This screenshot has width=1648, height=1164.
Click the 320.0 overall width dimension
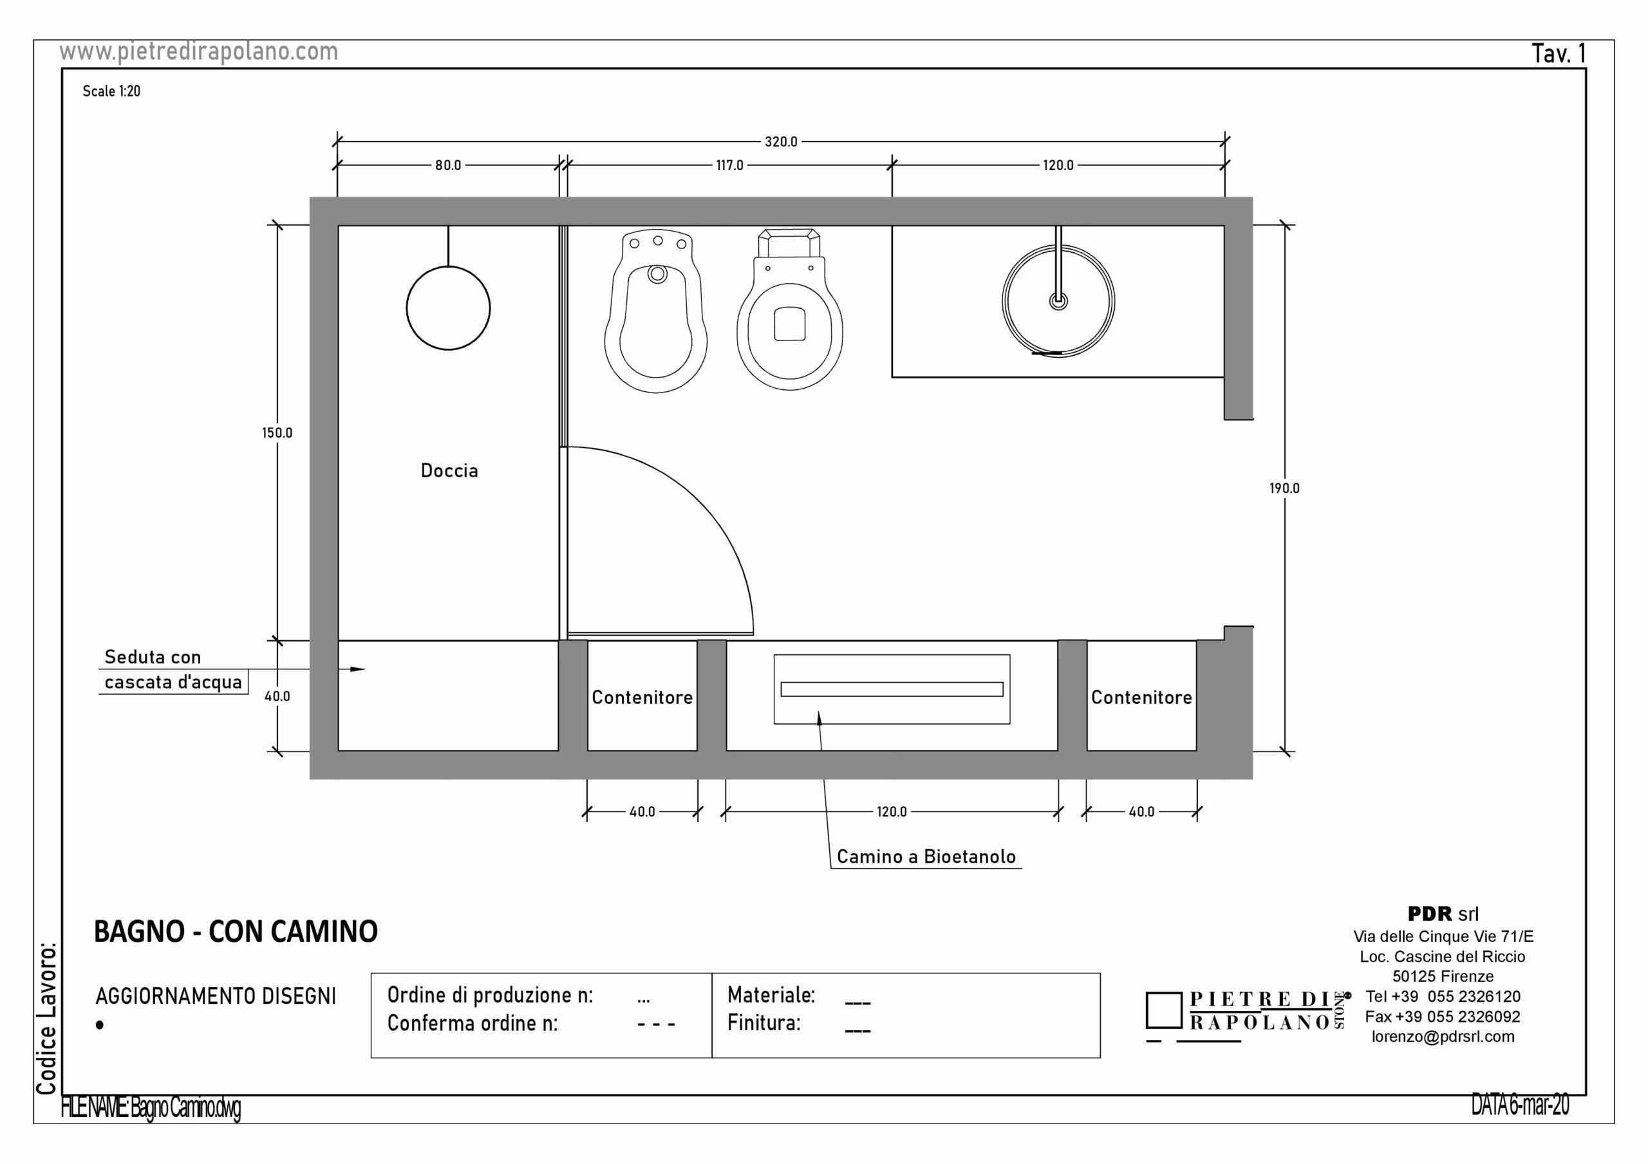point(780,142)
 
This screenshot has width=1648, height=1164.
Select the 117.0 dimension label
point(729,166)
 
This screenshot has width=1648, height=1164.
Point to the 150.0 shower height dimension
point(277,434)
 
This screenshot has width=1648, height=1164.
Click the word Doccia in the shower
point(449,471)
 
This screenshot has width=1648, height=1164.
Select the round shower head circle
point(448,309)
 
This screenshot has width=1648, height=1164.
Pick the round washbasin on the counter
point(1058,301)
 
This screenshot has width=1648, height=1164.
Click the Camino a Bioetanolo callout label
point(926,857)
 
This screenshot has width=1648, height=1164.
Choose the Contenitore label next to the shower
point(642,697)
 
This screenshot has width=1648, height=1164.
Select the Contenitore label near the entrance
point(1141,697)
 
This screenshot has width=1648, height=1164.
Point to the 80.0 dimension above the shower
point(448,166)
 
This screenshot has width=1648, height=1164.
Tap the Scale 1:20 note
point(111,91)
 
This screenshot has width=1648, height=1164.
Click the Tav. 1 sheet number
point(1559,54)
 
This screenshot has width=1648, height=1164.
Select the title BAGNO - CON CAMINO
point(236,932)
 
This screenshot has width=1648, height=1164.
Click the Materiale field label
point(771,995)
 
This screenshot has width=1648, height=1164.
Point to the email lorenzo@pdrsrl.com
point(1443,1037)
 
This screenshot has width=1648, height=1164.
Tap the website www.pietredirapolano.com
point(198,51)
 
